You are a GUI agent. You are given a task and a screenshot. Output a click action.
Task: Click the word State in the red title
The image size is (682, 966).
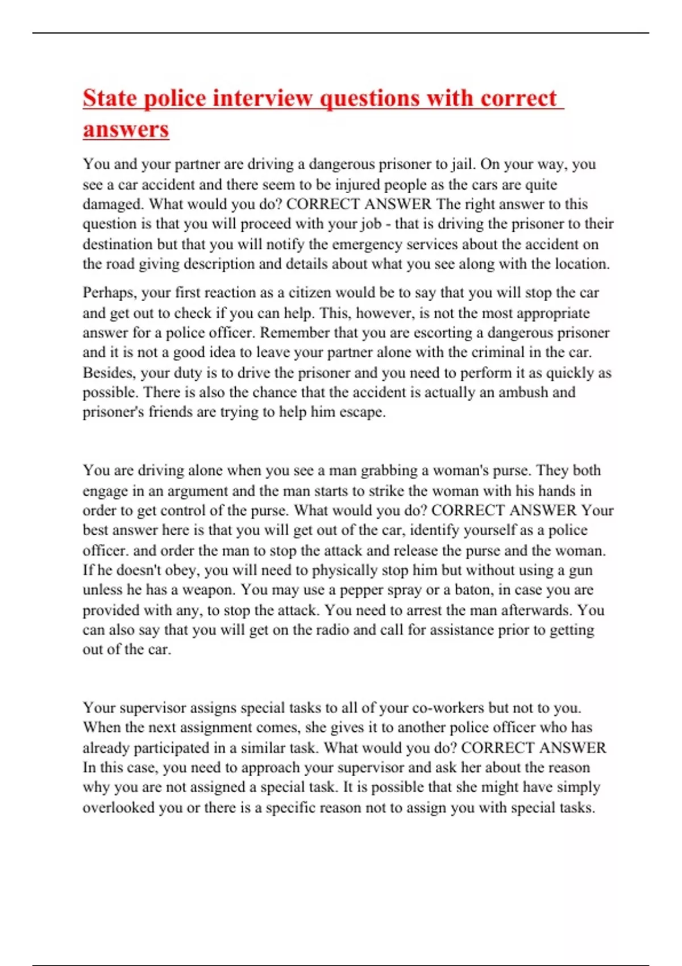[x=110, y=98]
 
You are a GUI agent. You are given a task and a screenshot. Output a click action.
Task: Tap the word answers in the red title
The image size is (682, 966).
[x=126, y=129]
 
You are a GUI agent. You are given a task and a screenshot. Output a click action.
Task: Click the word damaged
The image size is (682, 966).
[x=113, y=204]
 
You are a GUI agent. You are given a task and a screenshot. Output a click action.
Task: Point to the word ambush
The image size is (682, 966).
[x=523, y=392]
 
